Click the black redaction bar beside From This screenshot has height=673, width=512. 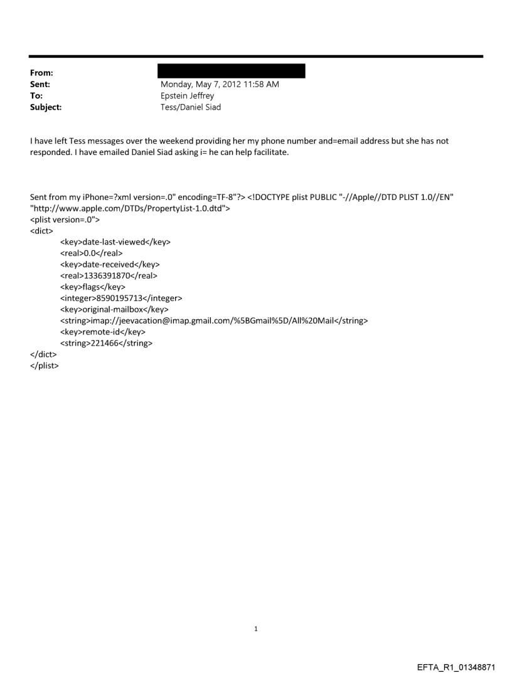232,71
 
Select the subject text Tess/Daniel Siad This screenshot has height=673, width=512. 191,107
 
